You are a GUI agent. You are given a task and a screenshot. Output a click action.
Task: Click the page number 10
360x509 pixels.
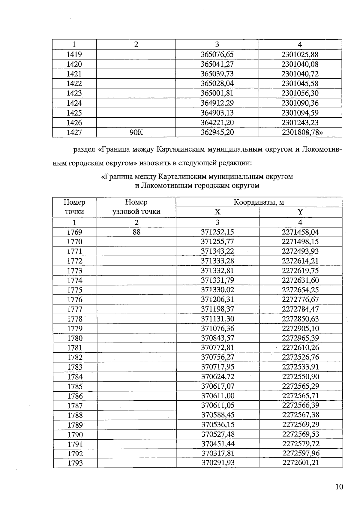tap(339, 486)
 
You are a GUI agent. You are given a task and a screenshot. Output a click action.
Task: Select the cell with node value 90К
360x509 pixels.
tap(136, 132)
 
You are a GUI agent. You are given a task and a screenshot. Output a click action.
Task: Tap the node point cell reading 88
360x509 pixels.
tap(136, 232)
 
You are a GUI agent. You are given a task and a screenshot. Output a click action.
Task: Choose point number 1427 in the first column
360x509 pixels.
tap(74, 132)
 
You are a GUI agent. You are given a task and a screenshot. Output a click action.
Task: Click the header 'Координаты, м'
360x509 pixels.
tap(259, 202)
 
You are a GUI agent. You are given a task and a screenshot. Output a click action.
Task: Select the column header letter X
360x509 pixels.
tap(217, 212)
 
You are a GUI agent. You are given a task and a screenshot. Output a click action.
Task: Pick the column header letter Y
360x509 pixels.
tap(300, 212)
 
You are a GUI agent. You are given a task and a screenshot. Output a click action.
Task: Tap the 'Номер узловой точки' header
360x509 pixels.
tap(136, 207)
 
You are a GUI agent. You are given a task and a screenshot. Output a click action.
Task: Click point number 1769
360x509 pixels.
tap(74, 232)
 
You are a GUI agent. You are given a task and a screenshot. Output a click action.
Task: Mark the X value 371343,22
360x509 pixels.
tap(217, 251)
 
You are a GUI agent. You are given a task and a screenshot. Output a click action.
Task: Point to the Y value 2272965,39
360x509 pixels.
tap(300, 338)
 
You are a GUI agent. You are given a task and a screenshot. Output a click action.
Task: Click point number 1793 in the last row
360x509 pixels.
tap(75, 463)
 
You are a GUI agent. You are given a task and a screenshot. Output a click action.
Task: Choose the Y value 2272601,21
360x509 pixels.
tap(301, 463)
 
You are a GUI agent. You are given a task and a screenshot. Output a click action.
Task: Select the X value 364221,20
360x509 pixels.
tap(217, 122)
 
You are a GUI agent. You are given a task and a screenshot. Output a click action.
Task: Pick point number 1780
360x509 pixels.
tap(75, 338)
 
